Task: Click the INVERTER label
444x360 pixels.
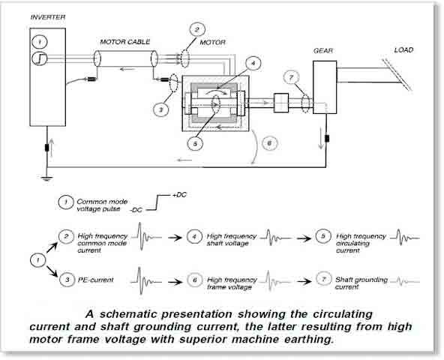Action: [x=48, y=17]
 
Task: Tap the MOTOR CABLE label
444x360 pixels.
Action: [x=124, y=42]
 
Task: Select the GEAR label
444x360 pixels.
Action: [x=323, y=51]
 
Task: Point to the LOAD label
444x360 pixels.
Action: [x=403, y=49]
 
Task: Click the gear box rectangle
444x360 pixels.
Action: [x=325, y=87]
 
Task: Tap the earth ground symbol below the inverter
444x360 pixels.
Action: [x=46, y=178]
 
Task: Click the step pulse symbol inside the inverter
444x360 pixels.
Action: [x=40, y=58]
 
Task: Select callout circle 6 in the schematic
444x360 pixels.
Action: [x=269, y=143]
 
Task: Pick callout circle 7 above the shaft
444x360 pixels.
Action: [x=291, y=77]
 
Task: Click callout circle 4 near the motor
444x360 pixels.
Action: [x=253, y=64]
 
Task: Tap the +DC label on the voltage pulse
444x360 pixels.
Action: [x=179, y=195]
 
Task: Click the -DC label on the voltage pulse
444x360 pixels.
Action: [x=136, y=211]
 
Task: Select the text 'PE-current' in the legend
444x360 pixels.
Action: [x=96, y=280]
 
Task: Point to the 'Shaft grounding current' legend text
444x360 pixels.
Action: [x=361, y=283]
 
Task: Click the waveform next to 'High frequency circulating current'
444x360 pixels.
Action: [x=405, y=238]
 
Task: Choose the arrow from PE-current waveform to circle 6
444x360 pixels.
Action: [x=175, y=282]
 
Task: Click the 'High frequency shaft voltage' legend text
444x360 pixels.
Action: [x=232, y=239]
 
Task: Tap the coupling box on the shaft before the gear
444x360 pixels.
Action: [x=281, y=103]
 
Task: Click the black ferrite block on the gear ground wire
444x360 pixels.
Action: [x=327, y=139]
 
